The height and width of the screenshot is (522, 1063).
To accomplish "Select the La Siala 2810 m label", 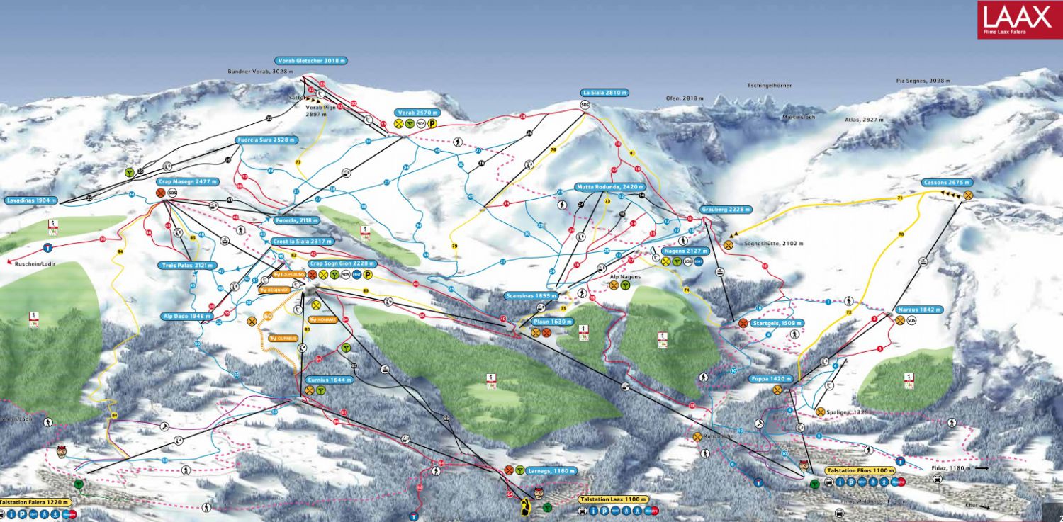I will [604, 93].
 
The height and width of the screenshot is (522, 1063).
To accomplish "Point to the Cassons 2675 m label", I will [946, 182].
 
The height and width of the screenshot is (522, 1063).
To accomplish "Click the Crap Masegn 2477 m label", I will [186, 181].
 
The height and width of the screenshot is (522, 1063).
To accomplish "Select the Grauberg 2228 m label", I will [725, 210].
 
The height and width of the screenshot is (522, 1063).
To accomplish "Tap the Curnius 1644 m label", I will [330, 380].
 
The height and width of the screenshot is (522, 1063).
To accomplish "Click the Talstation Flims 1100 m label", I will [860, 470].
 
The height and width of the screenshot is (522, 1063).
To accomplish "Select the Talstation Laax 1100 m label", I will [613, 499].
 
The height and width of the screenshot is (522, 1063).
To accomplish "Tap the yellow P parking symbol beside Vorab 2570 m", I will [432, 123].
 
